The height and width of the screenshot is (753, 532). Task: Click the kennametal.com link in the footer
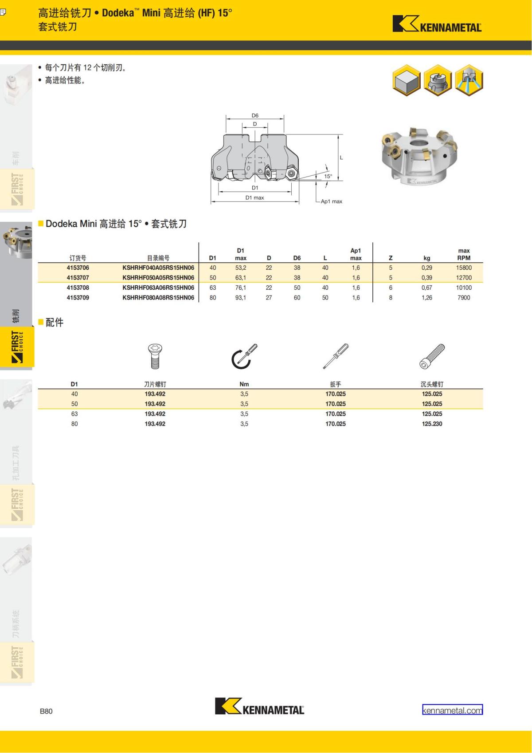452,710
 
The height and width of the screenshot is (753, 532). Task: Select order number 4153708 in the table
78,288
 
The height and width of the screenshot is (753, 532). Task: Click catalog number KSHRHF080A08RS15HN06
158,298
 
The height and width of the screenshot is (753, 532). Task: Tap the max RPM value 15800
464,268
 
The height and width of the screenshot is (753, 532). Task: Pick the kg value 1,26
426,298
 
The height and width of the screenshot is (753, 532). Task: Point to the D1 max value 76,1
241,288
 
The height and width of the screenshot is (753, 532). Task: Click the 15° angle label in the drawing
328,176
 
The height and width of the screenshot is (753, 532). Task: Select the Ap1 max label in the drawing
332,201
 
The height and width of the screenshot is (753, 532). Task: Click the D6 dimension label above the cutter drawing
255,115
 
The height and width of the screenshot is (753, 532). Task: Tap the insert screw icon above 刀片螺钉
155,356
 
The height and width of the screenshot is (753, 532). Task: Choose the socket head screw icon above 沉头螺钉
432,356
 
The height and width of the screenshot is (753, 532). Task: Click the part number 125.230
432,424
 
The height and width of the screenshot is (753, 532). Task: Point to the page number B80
46,711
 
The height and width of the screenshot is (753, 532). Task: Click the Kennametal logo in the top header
437,24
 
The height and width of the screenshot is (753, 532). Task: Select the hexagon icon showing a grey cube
407,81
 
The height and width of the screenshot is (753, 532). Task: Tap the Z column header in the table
391,258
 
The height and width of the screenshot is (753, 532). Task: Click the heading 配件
55,323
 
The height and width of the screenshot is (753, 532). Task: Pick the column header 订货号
78,258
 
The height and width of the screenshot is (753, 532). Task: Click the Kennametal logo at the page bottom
260,706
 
